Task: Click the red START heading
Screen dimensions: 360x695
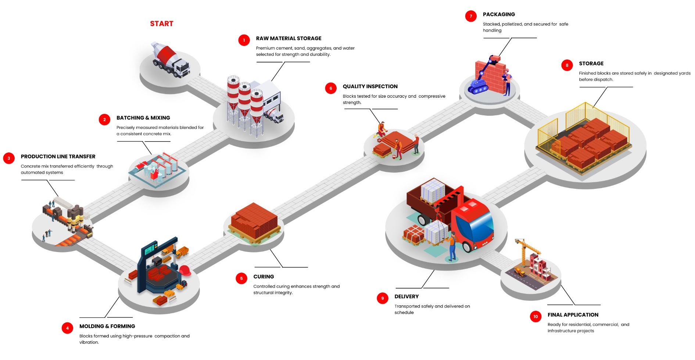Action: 161,24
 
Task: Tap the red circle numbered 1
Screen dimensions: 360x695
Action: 244,40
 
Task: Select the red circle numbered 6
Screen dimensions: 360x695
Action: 330,88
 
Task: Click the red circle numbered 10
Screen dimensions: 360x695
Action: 535,316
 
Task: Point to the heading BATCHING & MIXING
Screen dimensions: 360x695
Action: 143,118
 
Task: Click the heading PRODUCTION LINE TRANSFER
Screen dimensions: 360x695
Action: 58,156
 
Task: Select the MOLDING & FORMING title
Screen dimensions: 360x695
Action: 107,326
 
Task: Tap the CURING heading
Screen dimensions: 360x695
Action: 264,277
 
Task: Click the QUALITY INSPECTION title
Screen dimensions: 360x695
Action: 370,86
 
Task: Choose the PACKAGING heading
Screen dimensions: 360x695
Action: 499,14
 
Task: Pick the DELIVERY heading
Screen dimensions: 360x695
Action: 406,296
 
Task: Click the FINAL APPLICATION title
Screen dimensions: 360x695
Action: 573,315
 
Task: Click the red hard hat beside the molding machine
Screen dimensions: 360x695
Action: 185,270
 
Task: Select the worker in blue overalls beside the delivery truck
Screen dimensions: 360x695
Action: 452,246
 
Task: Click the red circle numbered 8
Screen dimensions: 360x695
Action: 567,65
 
